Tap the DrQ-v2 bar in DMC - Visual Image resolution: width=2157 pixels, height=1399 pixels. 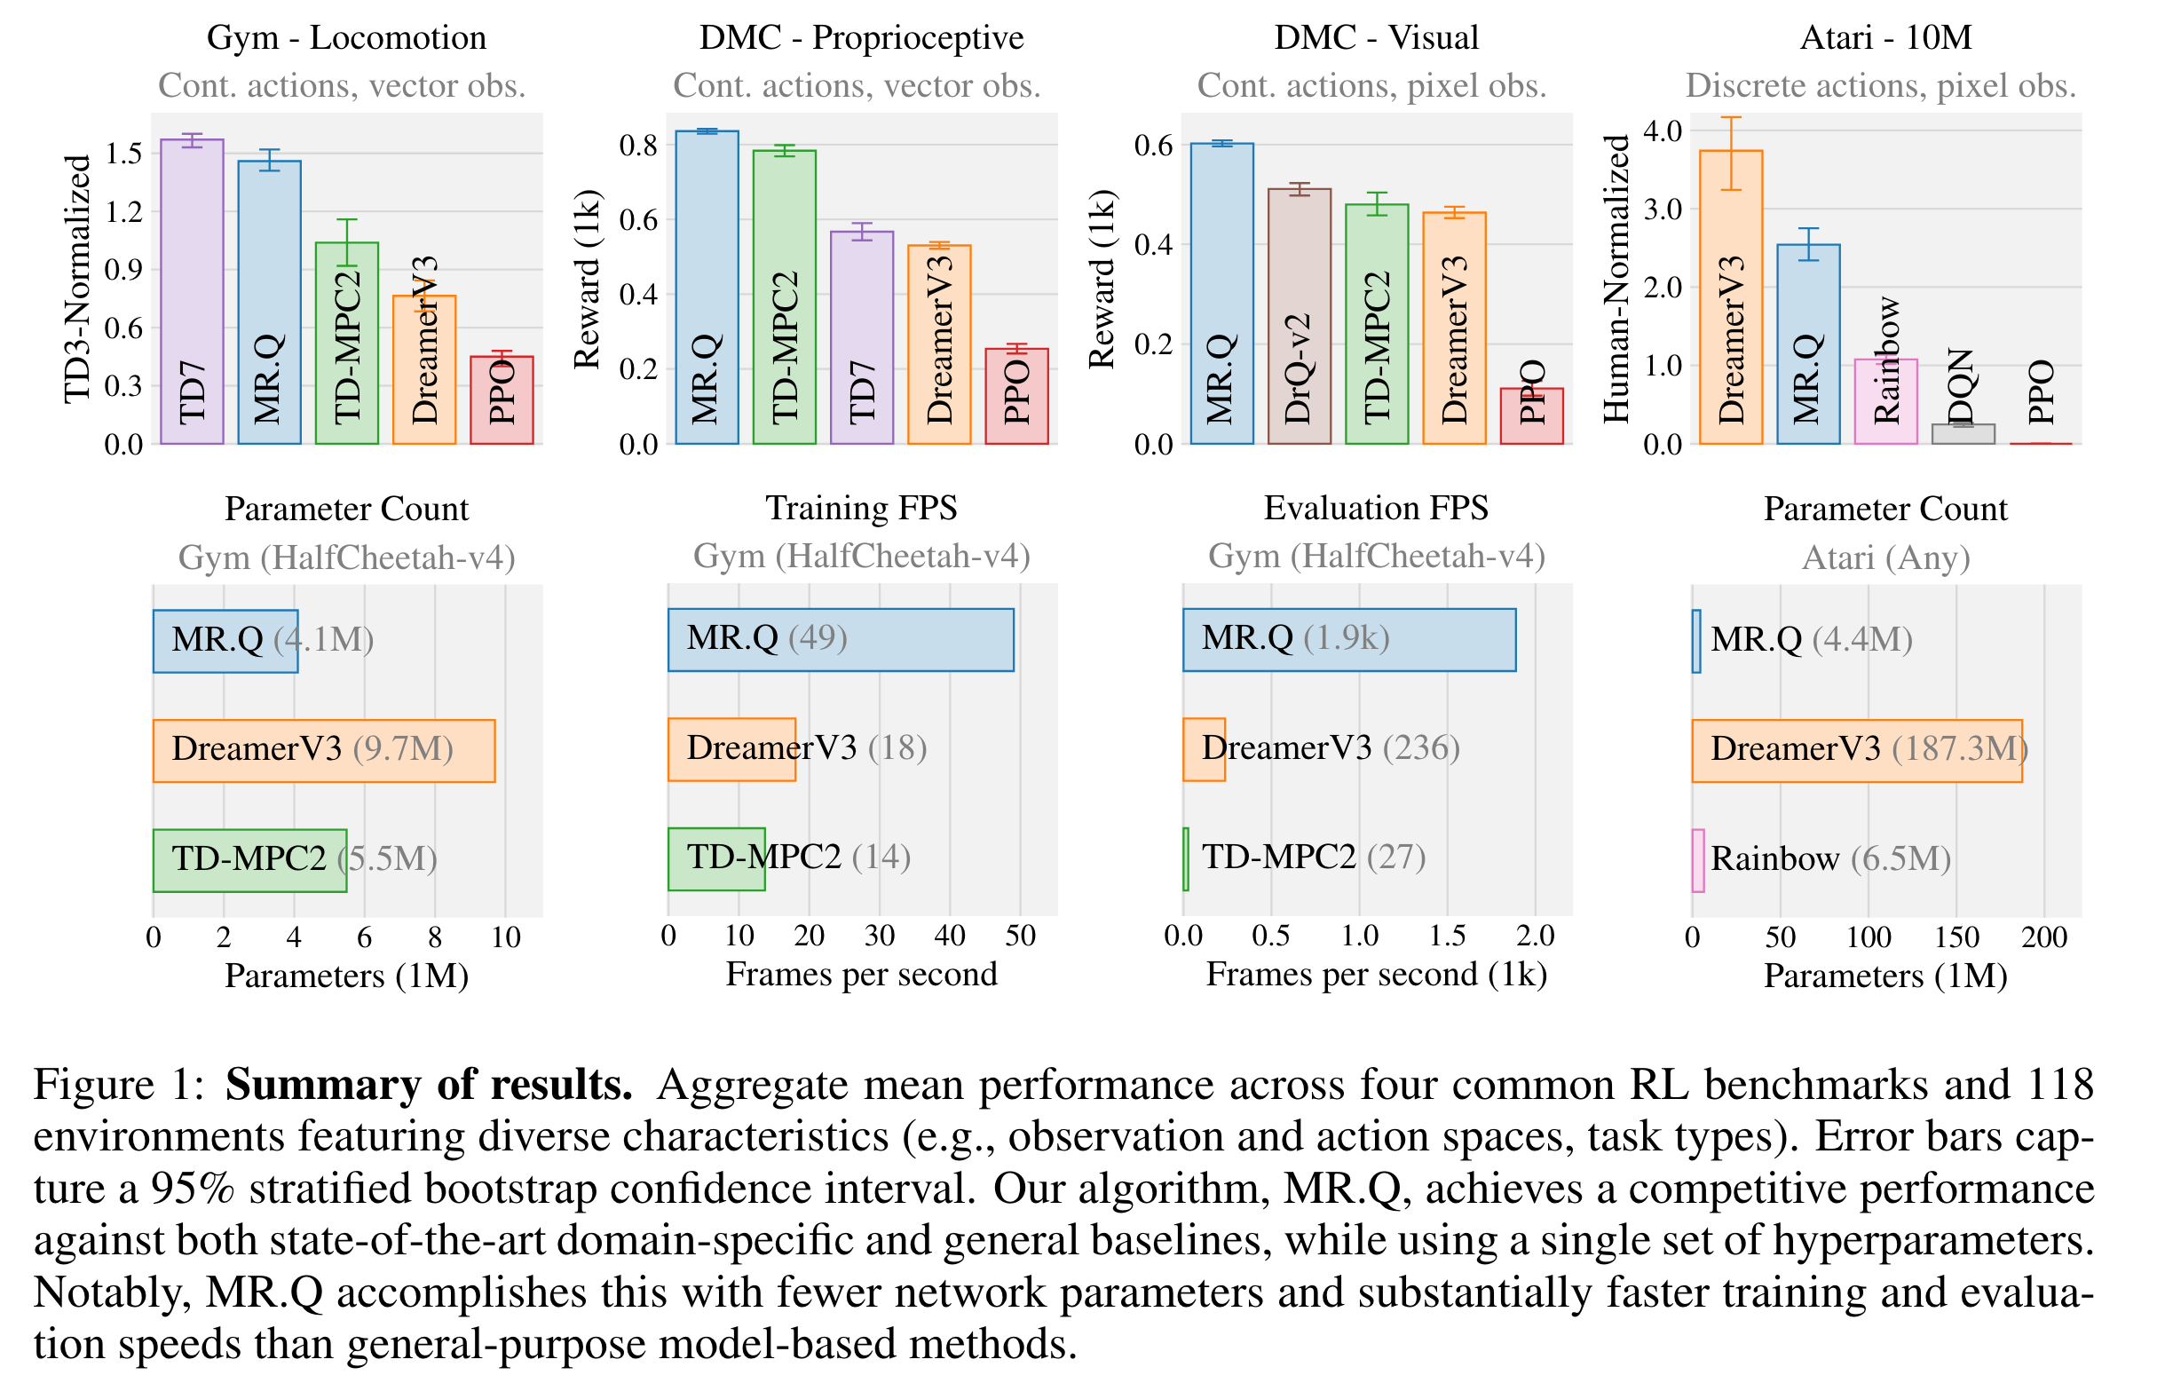pos(1299,316)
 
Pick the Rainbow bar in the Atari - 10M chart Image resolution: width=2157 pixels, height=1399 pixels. pos(1885,401)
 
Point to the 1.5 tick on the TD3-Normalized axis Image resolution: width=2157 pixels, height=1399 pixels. pos(124,154)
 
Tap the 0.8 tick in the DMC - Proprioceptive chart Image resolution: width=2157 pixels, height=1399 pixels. pos(638,145)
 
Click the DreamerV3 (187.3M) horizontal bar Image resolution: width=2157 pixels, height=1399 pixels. pos(1855,750)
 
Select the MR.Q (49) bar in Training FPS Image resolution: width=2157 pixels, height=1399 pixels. pos(840,640)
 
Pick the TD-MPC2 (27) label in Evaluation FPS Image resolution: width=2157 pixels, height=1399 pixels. pos(1313,857)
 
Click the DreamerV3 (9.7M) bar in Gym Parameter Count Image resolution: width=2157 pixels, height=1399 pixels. pos(323,750)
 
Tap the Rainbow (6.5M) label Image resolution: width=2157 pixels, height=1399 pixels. pos(1829,858)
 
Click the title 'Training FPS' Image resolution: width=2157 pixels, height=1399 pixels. pos(861,509)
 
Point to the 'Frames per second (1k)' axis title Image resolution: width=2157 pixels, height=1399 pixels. pos(1376,974)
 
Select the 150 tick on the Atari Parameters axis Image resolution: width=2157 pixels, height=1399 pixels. pos(1956,937)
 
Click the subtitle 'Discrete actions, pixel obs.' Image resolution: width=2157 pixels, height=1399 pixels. pos(1880,85)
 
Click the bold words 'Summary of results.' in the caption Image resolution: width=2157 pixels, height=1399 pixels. pos(429,1085)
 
